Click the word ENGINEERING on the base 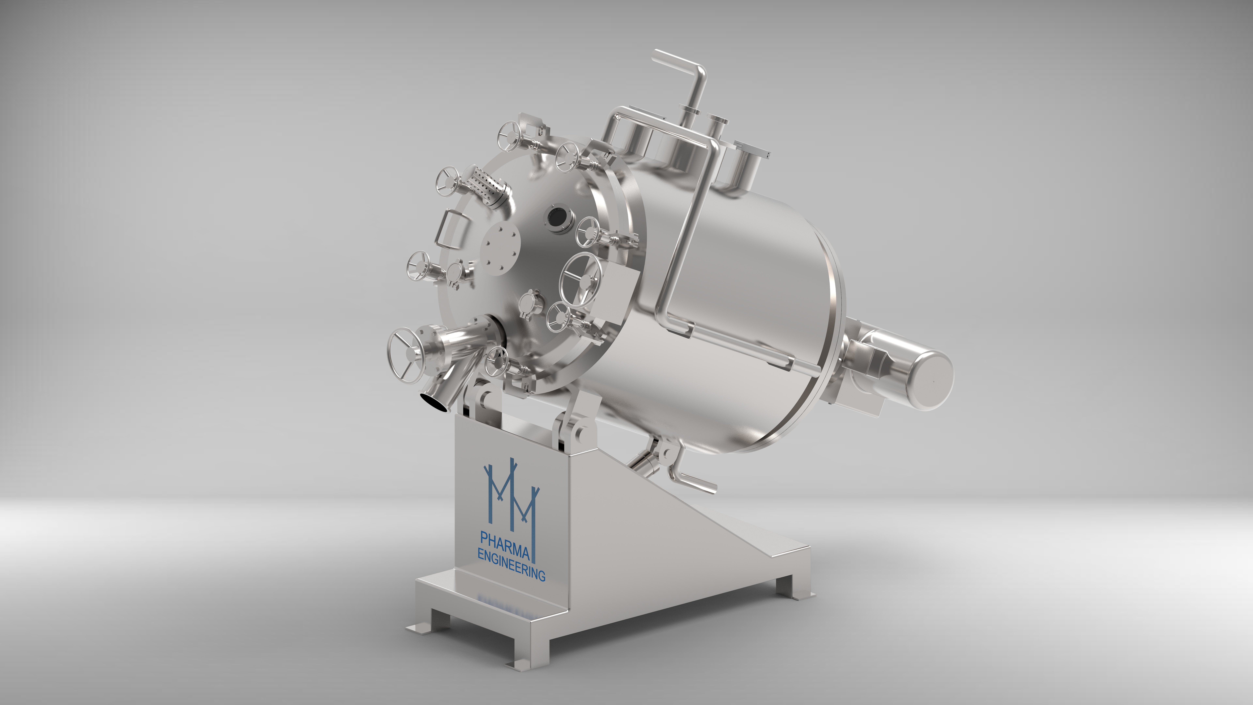(x=511, y=563)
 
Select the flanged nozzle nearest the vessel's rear (x=749, y=161)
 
